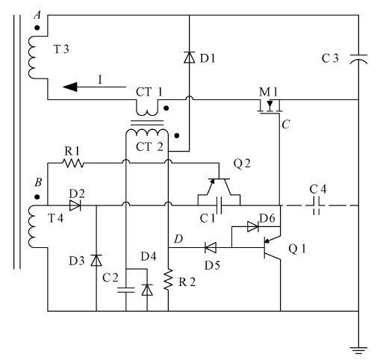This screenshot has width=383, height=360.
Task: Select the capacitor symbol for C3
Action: [x=359, y=58]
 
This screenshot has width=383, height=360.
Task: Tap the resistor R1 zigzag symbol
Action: [x=72, y=161]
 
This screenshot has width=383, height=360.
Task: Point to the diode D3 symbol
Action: [x=96, y=261]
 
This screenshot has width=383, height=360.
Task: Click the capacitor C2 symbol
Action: [x=125, y=290]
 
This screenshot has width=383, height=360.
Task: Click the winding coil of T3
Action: [x=33, y=57]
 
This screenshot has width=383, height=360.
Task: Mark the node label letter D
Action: [x=178, y=238]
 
